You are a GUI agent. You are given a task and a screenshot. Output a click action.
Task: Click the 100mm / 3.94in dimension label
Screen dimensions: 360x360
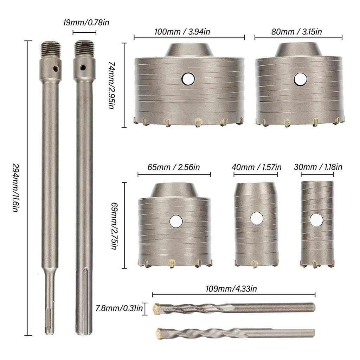[182, 32]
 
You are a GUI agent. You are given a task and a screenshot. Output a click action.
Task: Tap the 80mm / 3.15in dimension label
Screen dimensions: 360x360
[298, 32]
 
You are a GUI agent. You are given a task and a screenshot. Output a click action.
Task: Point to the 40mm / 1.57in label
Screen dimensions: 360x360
[257, 167]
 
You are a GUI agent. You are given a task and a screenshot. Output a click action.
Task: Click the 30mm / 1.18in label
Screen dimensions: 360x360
[318, 167]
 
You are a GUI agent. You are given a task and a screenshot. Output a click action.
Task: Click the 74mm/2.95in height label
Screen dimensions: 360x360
[111, 85]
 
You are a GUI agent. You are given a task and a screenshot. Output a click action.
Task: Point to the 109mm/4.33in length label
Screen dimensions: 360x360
[233, 289]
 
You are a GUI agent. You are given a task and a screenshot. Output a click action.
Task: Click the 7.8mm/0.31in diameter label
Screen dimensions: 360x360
[119, 309]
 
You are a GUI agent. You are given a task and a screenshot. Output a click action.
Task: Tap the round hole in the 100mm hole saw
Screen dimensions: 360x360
[188, 79]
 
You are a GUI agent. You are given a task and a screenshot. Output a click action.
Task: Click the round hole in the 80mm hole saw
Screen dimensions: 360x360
[300, 79]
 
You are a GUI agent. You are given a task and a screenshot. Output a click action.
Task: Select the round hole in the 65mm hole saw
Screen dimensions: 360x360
[176, 221]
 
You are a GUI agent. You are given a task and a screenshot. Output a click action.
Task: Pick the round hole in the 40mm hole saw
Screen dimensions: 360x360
[257, 218]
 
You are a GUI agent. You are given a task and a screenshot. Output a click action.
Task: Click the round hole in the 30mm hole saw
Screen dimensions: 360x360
[316, 220]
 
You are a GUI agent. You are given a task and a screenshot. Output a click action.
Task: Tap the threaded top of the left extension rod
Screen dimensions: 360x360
[50, 50]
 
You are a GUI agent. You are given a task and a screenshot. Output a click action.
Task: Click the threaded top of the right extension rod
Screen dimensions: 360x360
[84, 49]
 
